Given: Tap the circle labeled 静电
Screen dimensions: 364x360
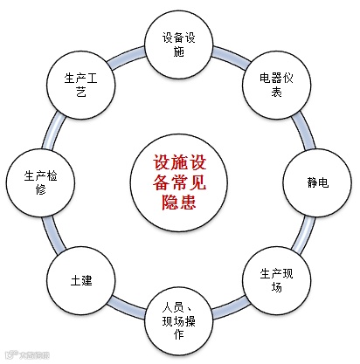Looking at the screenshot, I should click(x=317, y=182).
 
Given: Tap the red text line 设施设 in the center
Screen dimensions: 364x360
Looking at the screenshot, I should click(x=179, y=163).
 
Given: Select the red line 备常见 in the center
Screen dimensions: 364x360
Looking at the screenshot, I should click(x=179, y=183).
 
